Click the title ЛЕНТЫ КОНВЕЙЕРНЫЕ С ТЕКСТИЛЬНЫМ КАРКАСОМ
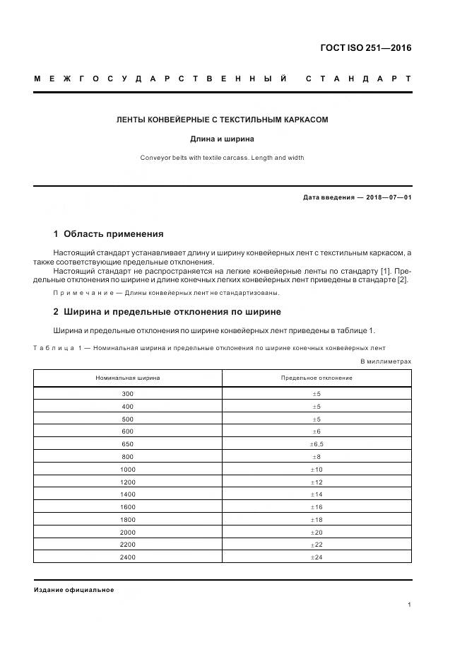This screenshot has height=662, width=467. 222,120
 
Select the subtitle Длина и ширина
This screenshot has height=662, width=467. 222,139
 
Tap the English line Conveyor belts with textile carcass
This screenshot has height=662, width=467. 222,158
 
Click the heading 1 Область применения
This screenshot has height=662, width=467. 108,233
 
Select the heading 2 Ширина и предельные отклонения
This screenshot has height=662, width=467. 167,311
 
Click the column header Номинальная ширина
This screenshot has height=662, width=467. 128,378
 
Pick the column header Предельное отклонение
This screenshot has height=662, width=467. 317,378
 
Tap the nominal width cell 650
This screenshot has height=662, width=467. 128,444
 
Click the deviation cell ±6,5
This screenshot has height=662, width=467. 317,444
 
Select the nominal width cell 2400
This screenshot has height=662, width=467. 128,557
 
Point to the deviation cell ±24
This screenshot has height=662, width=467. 317,557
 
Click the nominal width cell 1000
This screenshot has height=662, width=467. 128,470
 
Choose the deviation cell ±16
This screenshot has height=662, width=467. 317,507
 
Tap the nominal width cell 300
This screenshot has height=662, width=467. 128,393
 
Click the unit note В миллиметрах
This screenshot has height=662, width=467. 386,361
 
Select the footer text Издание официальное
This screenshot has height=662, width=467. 73,590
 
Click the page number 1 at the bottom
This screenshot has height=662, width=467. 409,605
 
